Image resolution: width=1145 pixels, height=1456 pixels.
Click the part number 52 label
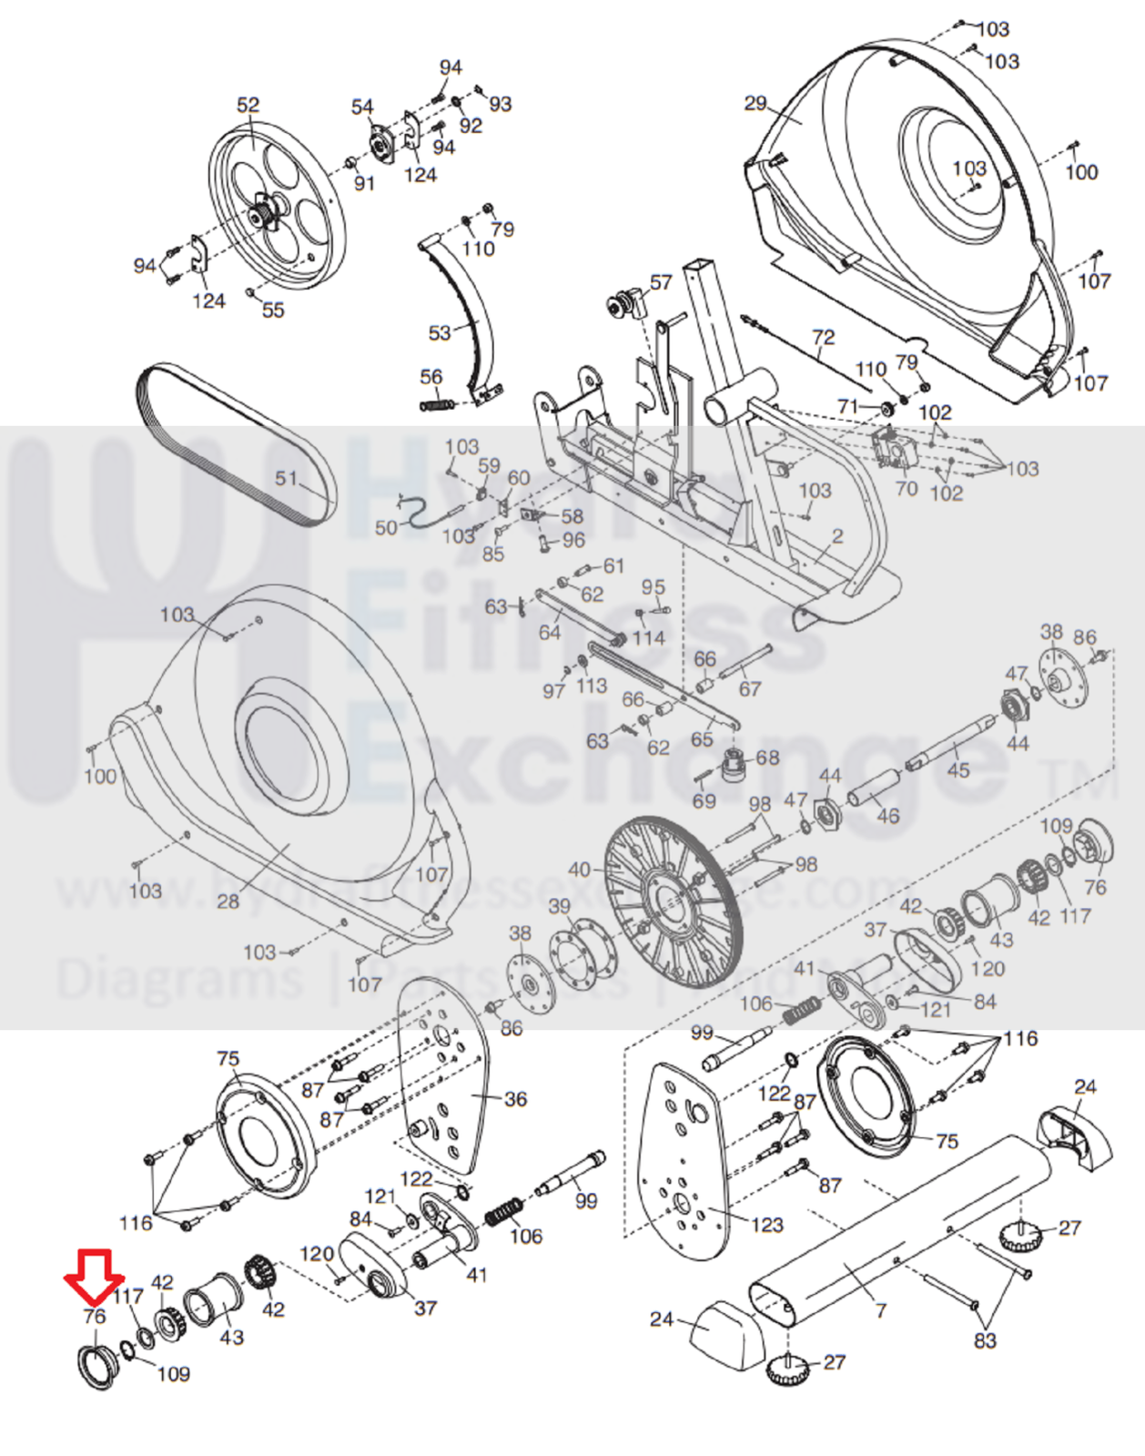[248, 106]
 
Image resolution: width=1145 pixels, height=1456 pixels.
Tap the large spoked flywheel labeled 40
[673, 901]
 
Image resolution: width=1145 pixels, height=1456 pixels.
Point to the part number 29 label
[755, 104]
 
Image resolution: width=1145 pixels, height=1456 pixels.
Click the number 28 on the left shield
[228, 901]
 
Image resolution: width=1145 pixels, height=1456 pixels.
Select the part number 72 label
[823, 338]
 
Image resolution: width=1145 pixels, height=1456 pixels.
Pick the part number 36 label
[515, 1099]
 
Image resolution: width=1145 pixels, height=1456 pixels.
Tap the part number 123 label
[766, 1225]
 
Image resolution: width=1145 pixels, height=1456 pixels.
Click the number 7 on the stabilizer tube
[880, 1309]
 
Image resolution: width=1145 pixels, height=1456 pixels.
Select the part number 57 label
[661, 282]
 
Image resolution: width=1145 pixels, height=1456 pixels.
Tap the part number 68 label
[767, 758]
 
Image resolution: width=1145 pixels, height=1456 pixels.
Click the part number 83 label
[985, 1339]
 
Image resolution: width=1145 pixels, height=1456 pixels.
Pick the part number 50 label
[386, 527]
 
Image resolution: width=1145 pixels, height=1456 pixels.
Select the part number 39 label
[559, 907]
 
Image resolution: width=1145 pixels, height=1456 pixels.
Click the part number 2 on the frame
[837, 536]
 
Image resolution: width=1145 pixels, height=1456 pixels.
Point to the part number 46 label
[887, 816]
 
